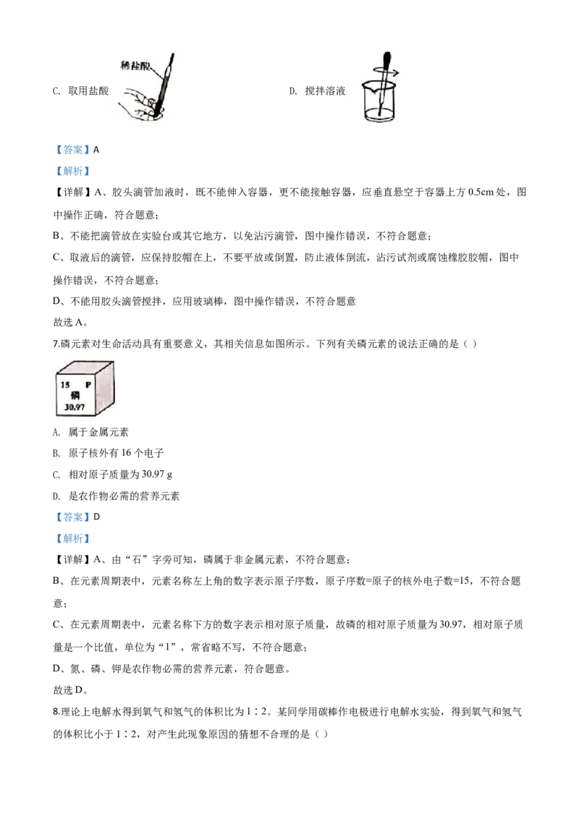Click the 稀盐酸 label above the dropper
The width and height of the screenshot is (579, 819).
pyautogui.click(x=135, y=65)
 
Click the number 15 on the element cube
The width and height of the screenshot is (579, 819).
pyautogui.click(x=65, y=385)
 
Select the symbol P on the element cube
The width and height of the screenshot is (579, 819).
pyautogui.click(x=88, y=385)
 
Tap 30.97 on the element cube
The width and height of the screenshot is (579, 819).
pyautogui.click(x=75, y=407)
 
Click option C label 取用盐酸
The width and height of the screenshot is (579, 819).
pyautogui.click(x=88, y=91)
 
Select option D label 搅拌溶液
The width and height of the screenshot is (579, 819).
pyautogui.click(x=325, y=91)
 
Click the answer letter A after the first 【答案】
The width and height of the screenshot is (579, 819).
pyautogui.click(x=96, y=150)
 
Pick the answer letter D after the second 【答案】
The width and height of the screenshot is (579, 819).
pyautogui.click(x=96, y=517)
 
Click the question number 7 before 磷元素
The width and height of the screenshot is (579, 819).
pyautogui.click(x=56, y=344)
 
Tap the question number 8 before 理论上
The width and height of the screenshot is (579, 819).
pyautogui.click(x=56, y=711)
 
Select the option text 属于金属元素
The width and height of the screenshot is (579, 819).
pyautogui.click(x=98, y=432)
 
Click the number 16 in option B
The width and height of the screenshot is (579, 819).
pyautogui.click(x=127, y=453)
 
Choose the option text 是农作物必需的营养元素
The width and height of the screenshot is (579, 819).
pyautogui.click(x=124, y=496)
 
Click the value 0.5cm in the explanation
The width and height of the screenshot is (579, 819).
pyautogui.click(x=481, y=192)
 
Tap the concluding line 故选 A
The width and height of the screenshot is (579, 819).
pyautogui.click(x=70, y=322)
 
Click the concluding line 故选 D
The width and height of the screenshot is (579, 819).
pyautogui.click(x=70, y=690)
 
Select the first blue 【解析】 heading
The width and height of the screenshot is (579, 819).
pyautogui.click(x=72, y=171)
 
